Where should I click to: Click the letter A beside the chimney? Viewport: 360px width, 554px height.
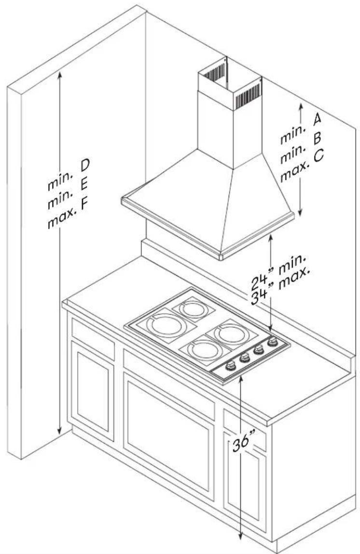[317, 119]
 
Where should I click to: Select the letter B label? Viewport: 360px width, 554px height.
[317, 138]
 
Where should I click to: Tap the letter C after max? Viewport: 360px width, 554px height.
[318, 156]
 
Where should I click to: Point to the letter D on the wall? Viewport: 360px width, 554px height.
[85, 165]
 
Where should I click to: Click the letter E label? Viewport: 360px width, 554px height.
[84, 185]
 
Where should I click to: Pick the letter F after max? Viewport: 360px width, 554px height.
[83, 205]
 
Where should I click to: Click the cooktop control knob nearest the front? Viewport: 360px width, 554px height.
[230, 365]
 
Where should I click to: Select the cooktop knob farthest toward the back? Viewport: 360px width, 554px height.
[272, 342]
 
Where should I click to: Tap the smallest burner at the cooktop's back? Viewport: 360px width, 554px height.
[193, 309]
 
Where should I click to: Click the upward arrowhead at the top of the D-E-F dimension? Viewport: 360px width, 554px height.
[60, 75]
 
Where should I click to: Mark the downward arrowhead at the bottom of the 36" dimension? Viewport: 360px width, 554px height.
[241, 536]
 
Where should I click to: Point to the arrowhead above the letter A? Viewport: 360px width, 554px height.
[301, 107]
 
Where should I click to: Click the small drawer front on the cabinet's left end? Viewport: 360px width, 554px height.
[93, 338]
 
